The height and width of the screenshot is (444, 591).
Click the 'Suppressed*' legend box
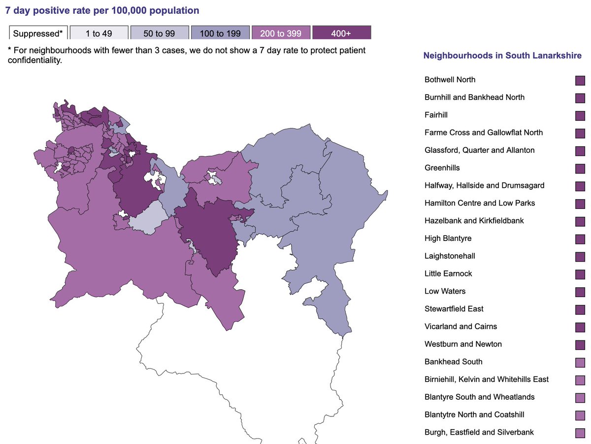(x=38, y=33)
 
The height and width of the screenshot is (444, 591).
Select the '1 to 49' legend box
(x=99, y=33)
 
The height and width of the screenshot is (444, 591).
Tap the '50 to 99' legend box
(x=160, y=33)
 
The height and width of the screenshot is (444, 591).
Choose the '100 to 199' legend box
(x=220, y=33)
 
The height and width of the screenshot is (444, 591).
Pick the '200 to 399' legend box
(x=281, y=33)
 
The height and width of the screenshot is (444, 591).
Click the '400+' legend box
(x=341, y=33)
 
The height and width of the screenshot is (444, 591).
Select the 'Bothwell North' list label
(x=450, y=80)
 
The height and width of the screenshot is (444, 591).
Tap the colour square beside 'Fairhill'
(x=580, y=115)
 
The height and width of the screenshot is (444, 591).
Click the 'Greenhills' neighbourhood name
(x=442, y=168)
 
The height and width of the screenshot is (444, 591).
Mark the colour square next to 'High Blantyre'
(x=580, y=239)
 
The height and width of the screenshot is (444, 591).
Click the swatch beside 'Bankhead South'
(x=580, y=362)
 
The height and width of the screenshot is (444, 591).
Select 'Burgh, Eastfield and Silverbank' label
(x=479, y=433)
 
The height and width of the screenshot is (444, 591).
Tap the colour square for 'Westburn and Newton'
(x=580, y=344)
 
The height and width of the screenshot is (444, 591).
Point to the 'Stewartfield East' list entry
(x=454, y=309)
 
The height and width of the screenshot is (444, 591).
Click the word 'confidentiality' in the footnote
(x=34, y=60)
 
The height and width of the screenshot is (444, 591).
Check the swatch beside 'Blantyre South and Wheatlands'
(x=580, y=398)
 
